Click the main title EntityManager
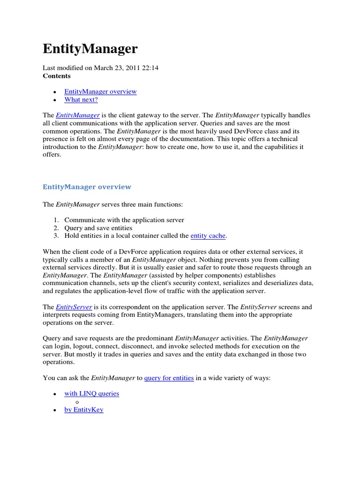pyautogui.click(x=90, y=49)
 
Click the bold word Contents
pyautogui.click(x=57, y=76)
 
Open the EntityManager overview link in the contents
pyautogui.click(x=100, y=91)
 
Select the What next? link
pyautogui.click(x=81, y=99)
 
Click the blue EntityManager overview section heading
pyautogui.click(x=87, y=187)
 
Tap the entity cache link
pyautogui.click(x=208, y=236)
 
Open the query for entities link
pyautogui.click(x=169, y=378)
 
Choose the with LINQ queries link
pyautogui.click(x=91, y=394)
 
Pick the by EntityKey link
pyautogui.click(x=83, y=410)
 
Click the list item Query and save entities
pyautogui.click(x=98, y=228)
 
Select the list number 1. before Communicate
pyautogui.click(x=55, y=220)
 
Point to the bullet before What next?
pyautogui.click(x=55, y=100)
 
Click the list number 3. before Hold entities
pyautogui.click(x=55, y=236)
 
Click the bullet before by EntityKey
pyautogui.click(x=55, y=410)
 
